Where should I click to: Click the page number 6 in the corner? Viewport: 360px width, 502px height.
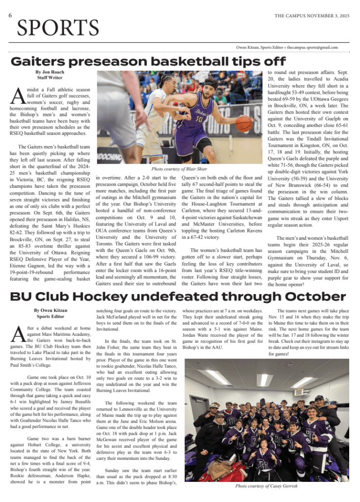point(10,15)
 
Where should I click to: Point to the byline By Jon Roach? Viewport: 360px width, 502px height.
point(50,72)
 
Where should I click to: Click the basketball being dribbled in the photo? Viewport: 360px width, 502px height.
point(243,124)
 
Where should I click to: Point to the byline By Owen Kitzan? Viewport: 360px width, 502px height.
point(50,310)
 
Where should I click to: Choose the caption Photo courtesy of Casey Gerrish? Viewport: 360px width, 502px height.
point(267,486)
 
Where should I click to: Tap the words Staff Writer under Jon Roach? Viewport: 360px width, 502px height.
point(50,77)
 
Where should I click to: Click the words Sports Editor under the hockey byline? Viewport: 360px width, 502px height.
point(50,316)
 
